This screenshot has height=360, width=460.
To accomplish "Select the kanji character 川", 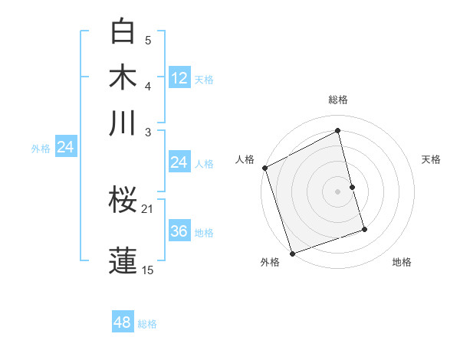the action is click(123, 123).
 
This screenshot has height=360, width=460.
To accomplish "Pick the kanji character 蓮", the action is click(123, 259).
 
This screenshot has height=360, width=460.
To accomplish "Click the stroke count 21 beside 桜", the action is click(147, 208).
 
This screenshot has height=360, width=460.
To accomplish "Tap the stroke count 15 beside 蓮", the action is click(147, 270).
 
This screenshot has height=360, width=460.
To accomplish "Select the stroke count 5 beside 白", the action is click(148, 40).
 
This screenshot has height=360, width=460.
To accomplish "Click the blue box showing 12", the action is click(179, 77).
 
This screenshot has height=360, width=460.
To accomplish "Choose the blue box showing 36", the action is click(179, 231).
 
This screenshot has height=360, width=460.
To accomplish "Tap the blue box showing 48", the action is click(123, 322).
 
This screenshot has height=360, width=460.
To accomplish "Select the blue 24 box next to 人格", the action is click(179, 162).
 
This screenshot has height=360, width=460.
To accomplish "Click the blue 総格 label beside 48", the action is click(147, 324).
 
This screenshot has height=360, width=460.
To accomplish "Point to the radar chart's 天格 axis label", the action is click(431, 159).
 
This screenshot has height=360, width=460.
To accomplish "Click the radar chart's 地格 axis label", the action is click(402, 263).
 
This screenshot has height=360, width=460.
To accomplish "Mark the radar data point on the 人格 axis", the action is click(264, 168).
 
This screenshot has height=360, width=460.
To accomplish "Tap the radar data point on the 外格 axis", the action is click(292, 254).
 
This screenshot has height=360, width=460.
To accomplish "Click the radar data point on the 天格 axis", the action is click(352, 187).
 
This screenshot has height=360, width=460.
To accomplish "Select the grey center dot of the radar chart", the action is click(338, 191).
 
